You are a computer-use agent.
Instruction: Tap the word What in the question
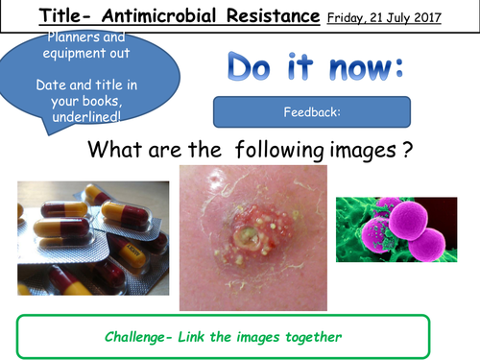click(115, 151)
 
